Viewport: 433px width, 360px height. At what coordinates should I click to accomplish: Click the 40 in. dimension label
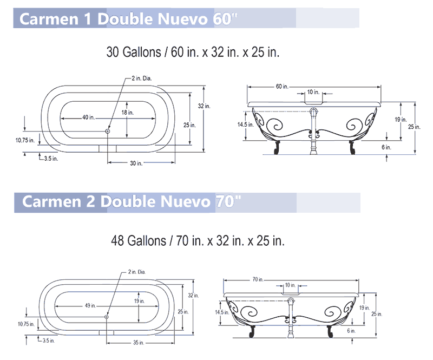tap(88, 117)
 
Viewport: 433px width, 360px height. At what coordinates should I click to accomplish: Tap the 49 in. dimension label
tap(90, 305)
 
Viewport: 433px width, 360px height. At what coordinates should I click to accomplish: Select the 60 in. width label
tap(282, 87)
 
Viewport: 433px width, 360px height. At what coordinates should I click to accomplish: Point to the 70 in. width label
tap(258, 279)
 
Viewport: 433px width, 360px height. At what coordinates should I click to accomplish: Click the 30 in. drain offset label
tap(136, 163)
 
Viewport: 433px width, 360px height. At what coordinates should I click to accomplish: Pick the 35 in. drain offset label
tap(139, 343)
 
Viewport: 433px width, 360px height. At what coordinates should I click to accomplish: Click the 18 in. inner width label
tap(127, 113)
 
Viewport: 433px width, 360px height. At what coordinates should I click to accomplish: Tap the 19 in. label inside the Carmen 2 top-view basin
tap(140, 301)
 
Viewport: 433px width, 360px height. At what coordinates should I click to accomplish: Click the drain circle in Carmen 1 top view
tap(107, 131)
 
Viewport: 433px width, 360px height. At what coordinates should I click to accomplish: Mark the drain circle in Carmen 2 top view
tap(106, 317)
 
